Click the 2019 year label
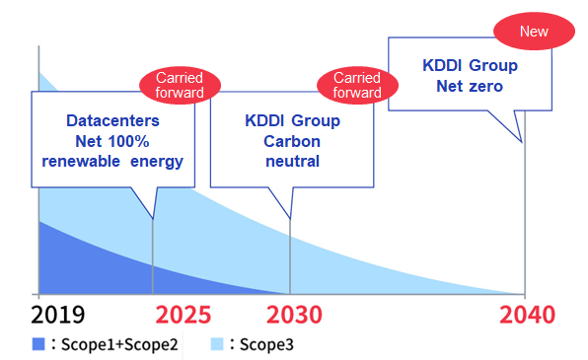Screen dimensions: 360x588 (57, 316)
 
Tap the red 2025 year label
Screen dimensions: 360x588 (183, 316)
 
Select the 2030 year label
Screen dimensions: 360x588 (295, 316)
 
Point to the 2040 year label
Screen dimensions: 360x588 (526, 316)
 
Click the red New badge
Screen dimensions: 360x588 (534, 32)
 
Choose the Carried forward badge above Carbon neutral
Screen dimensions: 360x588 (357, 85)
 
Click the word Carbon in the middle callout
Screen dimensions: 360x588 (292, 141)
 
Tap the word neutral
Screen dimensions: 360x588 (292, 161)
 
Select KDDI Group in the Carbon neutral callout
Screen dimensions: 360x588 (292, 120)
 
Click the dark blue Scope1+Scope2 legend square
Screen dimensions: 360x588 (39, 344)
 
